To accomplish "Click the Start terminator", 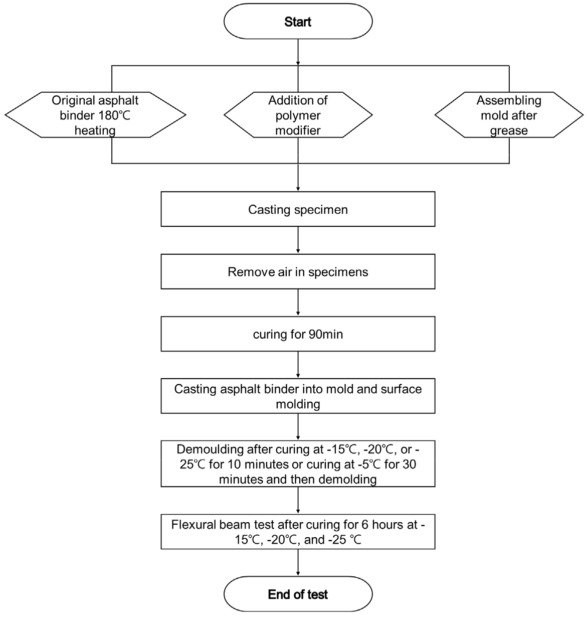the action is click(x=298, y=22).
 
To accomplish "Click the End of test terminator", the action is click(x=298, y=594).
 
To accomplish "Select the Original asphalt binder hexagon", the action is click(x=95, y=115).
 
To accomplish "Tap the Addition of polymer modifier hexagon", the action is click(x=298, y=115).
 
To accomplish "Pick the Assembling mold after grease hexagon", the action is click(x=509, y=115).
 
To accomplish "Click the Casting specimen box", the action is click(x=298, y=209).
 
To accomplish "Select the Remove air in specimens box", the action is click(x=298, y=271).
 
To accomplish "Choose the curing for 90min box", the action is click(x=298, y=334).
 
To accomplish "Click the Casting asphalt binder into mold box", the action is click(x=298, y=396).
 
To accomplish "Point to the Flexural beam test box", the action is click(x=298, y=532).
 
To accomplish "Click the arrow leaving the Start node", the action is click(x=298, y=52).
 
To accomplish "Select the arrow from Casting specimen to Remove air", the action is click(x=298, y=240).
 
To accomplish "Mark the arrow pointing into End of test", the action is click(x=298, y=562).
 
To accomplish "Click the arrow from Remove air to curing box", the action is click(x=298, y=302).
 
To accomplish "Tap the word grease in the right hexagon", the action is click(x=509, y=131).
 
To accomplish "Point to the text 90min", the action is click(x=326, y=334).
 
